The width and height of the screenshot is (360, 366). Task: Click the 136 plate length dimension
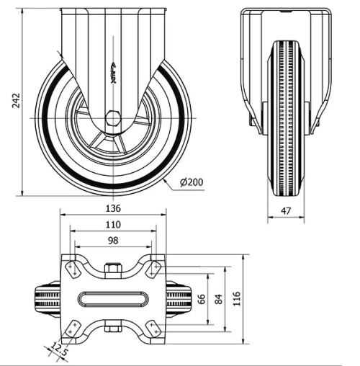click(x=113, y=208)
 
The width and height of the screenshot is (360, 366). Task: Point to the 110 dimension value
click(x=113, y=225)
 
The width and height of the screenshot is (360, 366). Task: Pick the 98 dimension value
click(x=113, y=241)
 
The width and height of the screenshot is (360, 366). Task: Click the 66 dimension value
click(x=202, y=298)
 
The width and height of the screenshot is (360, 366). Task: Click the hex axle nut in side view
click(x=114, y=119)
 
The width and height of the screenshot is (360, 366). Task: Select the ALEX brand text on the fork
click(x=114, y=73)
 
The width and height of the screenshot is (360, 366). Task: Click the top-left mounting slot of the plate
click(x=73, y=269)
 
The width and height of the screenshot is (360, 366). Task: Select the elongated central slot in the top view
click(x=113, y=298)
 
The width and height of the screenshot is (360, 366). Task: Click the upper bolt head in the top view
click(x=113, y=271)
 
